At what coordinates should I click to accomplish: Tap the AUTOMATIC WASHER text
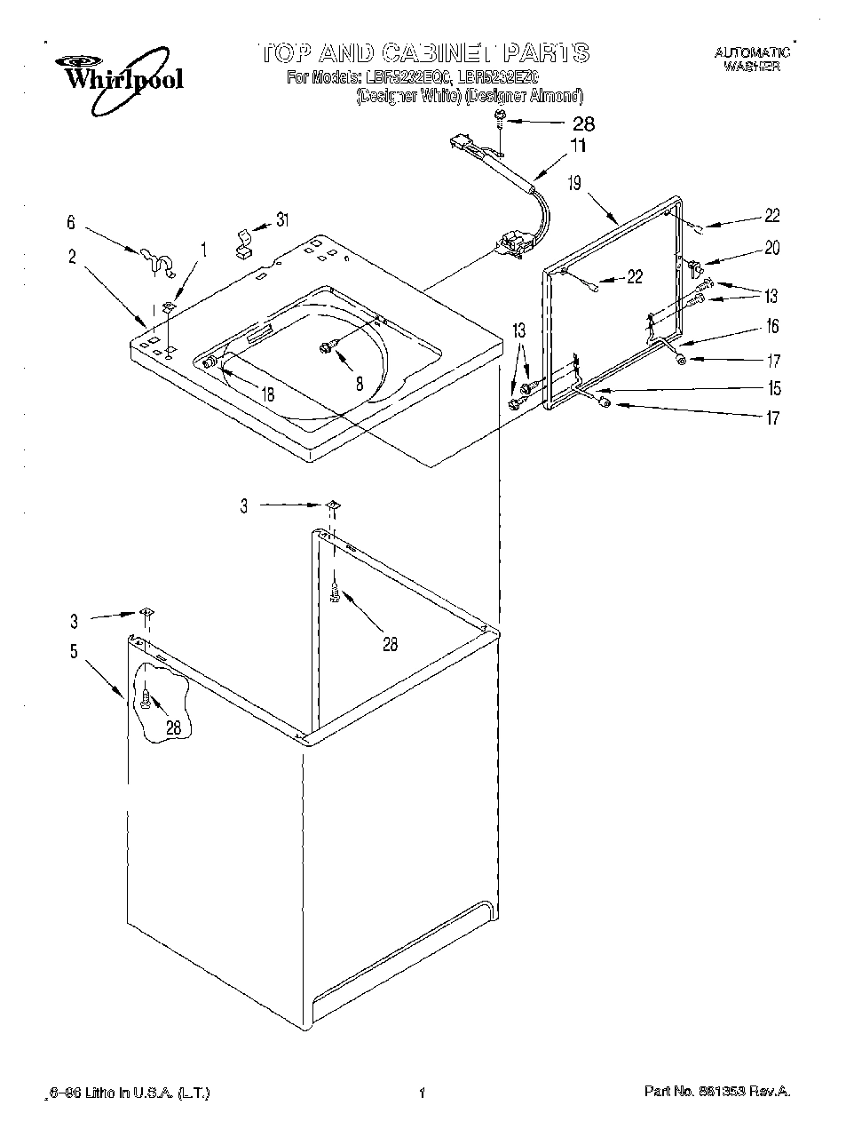coord(752,60)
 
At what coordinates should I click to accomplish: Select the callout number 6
coord(72,224)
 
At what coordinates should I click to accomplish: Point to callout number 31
coord(281,219)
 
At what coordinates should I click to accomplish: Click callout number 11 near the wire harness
coord(578,147)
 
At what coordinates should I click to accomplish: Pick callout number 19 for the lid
coord(574,184)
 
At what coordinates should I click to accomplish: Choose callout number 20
coord(771,248)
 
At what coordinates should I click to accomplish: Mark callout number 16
coord(772,326)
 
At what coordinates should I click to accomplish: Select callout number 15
coord(774,388)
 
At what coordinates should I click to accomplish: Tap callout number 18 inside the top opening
coord(267,394)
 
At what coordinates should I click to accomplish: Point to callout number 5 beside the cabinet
coord(74,652)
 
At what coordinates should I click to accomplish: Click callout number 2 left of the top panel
coord(72,258)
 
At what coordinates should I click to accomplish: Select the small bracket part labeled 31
coord(241,242)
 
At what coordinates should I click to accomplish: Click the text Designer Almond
coord(525,96)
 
